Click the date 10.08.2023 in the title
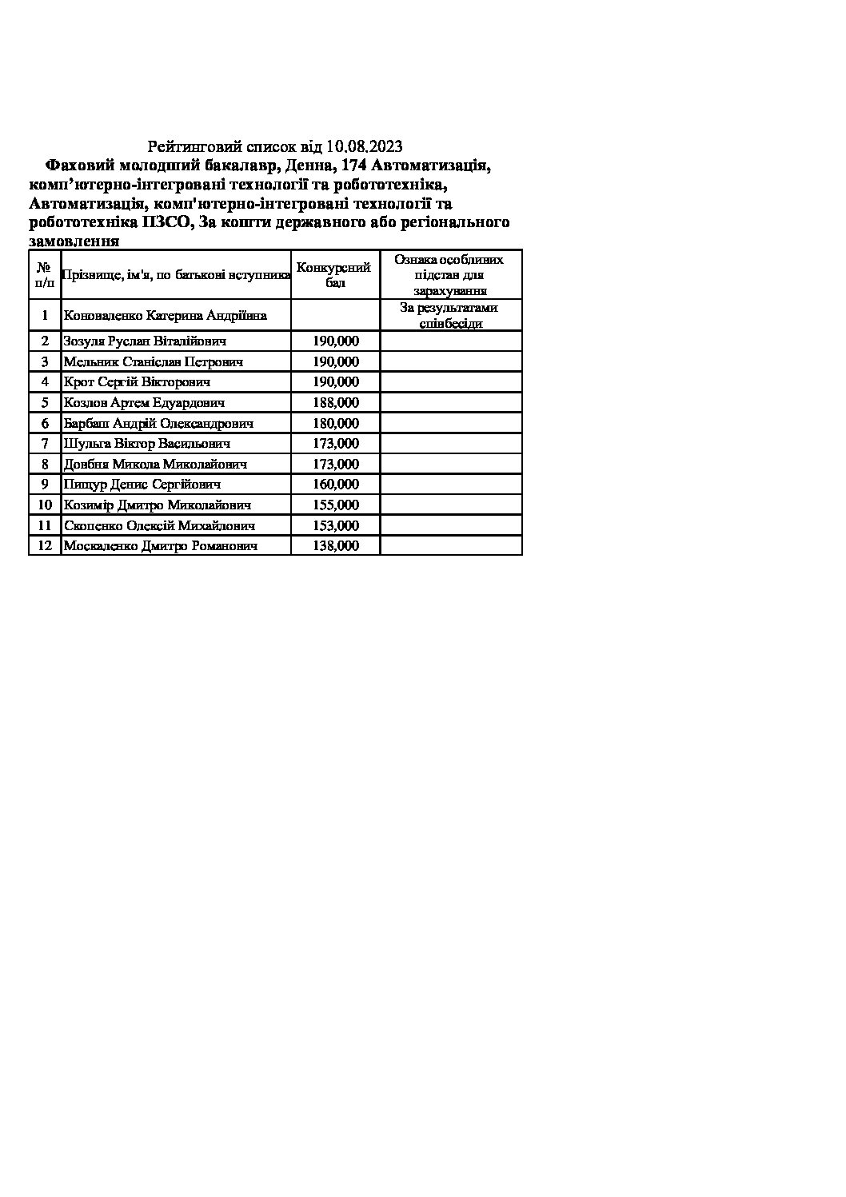(364, 146)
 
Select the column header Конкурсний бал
(335, 275)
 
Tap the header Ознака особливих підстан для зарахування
(450, 275)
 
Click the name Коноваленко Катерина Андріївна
(166, 315)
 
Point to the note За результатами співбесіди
(450, 315)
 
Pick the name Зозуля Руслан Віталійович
(145, 341)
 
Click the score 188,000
(336, 402)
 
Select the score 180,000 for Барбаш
(336, 423)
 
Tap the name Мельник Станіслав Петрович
(154, 361)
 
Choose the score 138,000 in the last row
(336, 545)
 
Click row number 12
(45, 545)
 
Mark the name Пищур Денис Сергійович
(142, 484)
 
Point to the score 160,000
(336, 484)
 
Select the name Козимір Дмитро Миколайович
(158, 505)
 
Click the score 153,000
(336, 525)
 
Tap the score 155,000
(336, 505)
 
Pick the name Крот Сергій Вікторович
(137, 381)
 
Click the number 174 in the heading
(354, 166)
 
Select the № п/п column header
(45, 275)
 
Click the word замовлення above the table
(74, 241)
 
